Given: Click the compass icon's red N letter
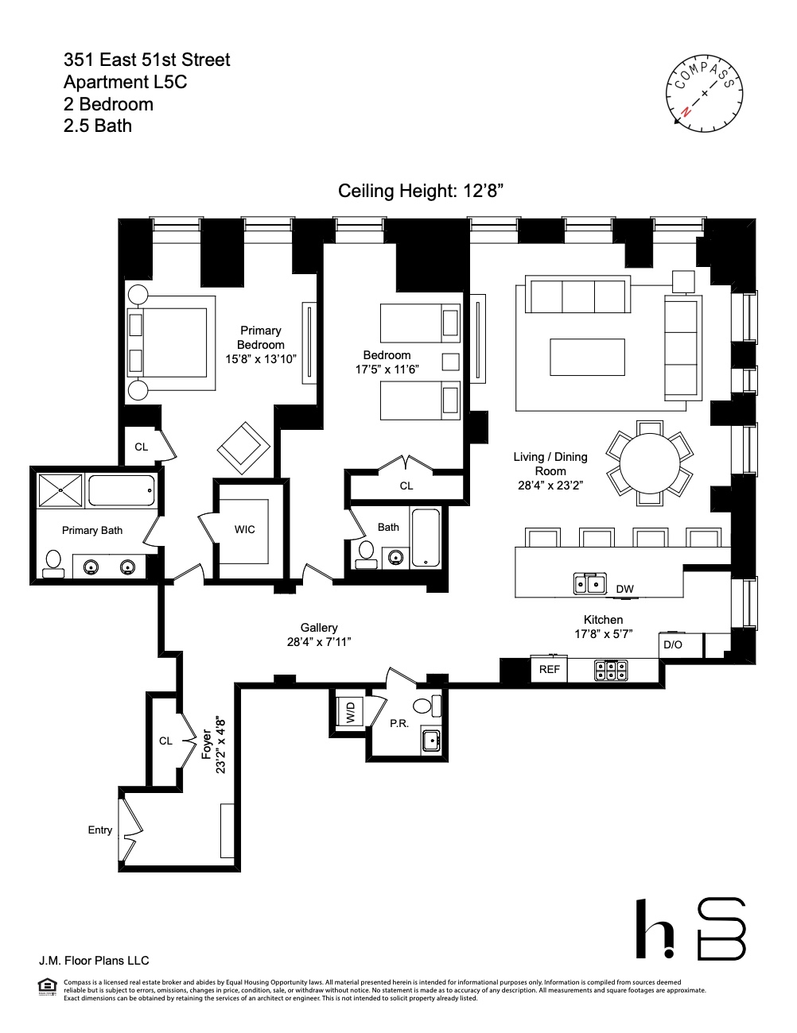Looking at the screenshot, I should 685,114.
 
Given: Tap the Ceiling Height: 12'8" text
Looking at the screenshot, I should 422,192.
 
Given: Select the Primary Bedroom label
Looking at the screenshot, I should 260,338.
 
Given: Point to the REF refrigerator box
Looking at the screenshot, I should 550,670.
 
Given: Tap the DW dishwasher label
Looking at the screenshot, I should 624,589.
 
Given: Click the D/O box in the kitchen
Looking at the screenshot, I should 673,644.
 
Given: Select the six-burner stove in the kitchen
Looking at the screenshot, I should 611,671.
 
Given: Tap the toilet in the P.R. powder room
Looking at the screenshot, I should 422,705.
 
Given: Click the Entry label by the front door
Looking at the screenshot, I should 99,830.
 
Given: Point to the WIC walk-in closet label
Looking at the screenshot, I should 245,530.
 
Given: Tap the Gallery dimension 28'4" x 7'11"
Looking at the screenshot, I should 318,642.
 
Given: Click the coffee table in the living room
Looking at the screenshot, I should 587,356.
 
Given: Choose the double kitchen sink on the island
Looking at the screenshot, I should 589,584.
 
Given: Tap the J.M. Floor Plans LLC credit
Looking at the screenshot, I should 95,961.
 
